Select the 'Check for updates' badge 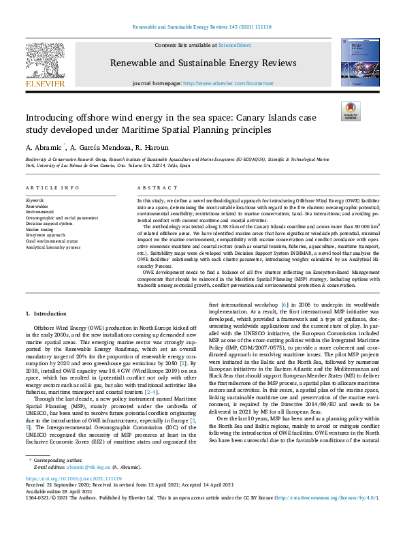[350, 112]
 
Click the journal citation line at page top [202, 27]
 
